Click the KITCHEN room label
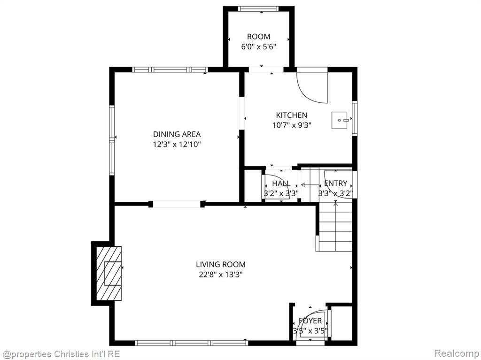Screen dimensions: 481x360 [291, 115]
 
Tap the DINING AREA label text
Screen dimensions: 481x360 [177, 134]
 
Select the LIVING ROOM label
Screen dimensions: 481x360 [221, 264]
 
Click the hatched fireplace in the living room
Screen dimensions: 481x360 [109, 273]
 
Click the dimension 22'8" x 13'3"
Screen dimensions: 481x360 [221, 275]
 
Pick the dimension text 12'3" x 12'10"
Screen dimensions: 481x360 [177, 145]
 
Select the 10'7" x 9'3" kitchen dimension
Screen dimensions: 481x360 [292, 125]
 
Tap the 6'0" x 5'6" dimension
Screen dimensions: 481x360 [259, 47]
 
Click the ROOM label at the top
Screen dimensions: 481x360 [259, 37]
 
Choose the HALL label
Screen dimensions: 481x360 [281, 184]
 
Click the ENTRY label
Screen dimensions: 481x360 [335, 184]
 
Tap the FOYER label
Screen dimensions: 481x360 [310, 321]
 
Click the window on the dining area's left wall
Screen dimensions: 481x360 [112, 140]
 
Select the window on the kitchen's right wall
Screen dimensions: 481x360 [355, 118]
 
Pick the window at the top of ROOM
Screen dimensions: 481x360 [259, 9]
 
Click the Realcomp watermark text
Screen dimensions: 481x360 [457, 353]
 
